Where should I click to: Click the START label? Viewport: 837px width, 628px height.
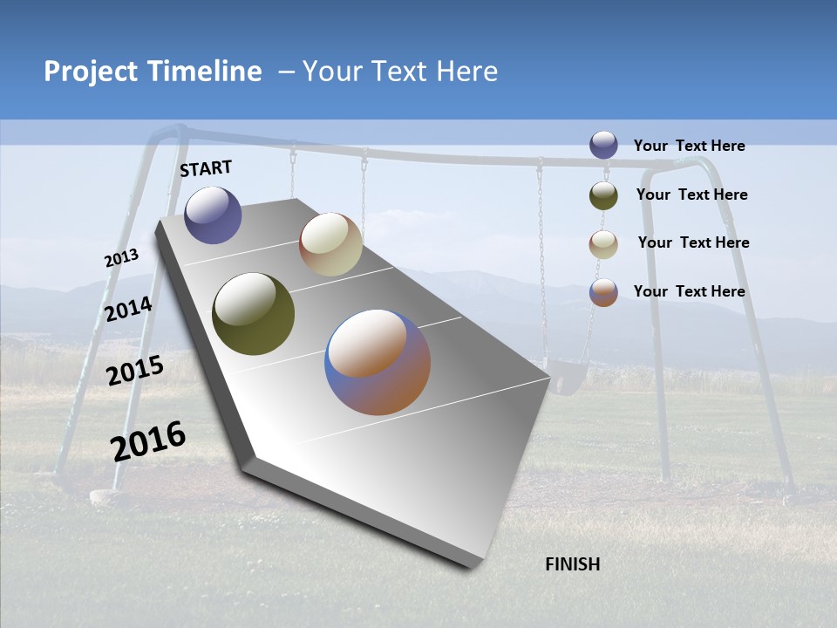206,168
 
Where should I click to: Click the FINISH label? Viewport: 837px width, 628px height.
572,564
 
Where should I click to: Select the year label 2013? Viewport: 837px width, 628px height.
121,258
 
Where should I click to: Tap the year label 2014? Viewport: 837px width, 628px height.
128,310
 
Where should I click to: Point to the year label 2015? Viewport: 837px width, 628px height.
135,371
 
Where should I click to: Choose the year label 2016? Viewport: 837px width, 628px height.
148,441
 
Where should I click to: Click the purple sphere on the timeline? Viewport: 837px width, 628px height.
213,215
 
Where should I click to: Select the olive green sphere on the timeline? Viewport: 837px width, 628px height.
253,314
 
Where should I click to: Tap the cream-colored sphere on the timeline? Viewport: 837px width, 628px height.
330,244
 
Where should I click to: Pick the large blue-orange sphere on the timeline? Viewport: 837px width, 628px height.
378,361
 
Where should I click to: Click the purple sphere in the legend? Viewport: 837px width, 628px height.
603,146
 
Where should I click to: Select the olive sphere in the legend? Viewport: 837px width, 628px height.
603,195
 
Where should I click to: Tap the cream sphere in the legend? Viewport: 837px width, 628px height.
603,244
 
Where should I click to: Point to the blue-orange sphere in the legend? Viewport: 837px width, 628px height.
603,292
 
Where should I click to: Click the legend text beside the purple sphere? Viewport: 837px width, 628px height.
689,147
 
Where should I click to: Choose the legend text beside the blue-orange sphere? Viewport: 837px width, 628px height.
689,291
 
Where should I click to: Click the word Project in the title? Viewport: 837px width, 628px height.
92,72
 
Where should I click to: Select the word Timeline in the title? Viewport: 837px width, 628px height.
206,72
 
